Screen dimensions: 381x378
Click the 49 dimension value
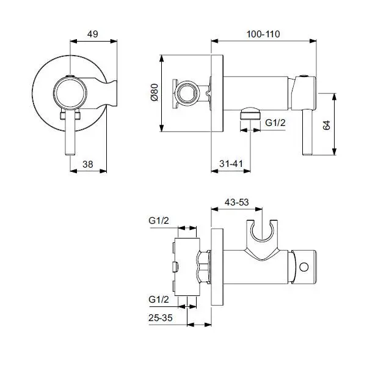[93, 34]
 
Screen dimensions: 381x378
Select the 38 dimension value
[88, 164]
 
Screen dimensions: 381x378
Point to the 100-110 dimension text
[264, 34]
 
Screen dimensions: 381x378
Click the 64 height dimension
[327, 125]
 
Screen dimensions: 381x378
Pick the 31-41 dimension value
[231, 164]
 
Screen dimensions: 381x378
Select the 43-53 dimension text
[236, 201]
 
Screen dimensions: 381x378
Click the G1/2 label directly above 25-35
[159, 299]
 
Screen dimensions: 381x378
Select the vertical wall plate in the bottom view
[217, 269]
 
